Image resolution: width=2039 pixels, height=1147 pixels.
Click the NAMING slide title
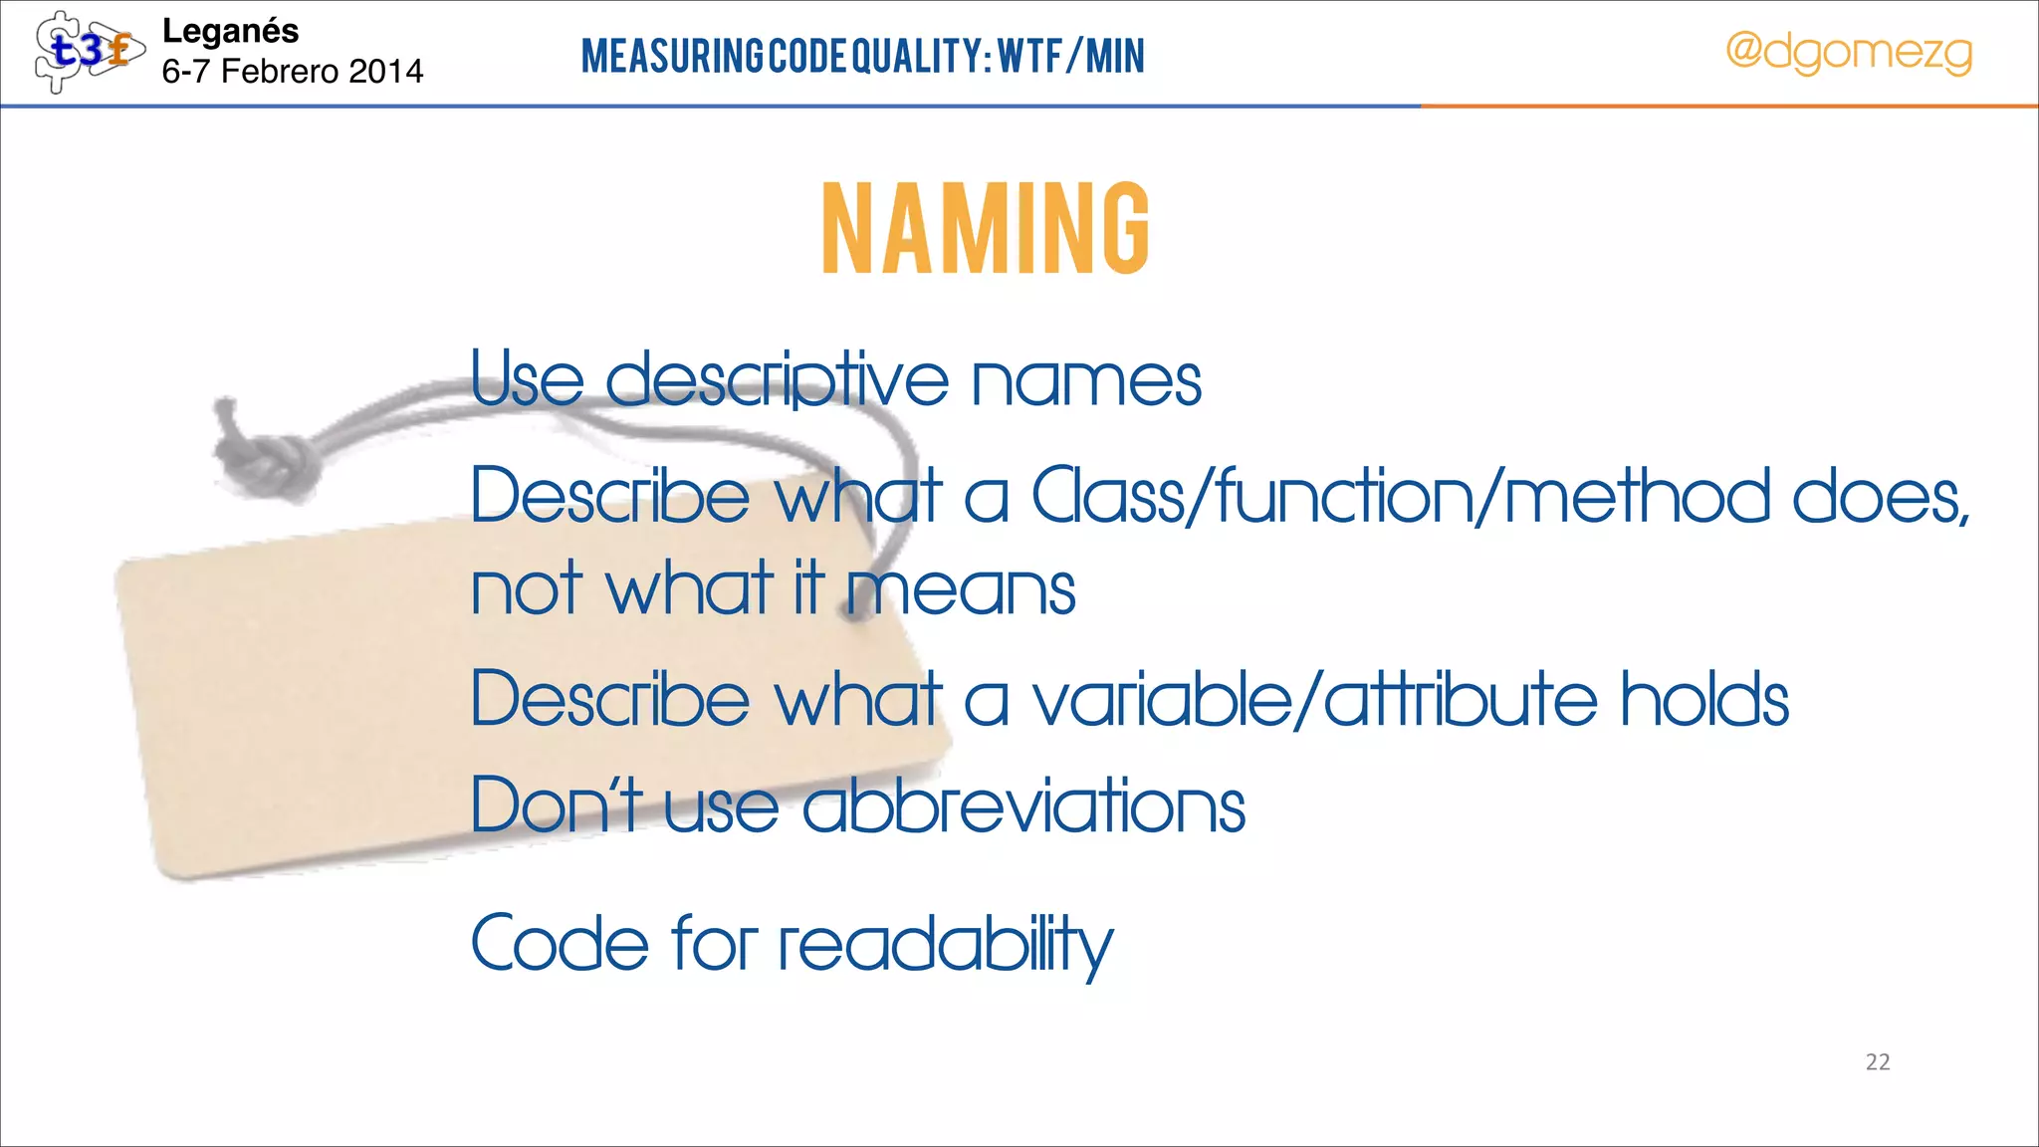point(986,228)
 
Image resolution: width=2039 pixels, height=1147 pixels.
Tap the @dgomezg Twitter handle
point(1848,52)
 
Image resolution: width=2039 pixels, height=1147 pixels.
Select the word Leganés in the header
point(230,31)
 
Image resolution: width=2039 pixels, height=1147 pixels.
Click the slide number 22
point(1878,1062)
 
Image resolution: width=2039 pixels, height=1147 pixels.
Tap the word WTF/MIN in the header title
point(1071,56)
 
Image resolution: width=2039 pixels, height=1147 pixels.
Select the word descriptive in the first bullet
point(777,381)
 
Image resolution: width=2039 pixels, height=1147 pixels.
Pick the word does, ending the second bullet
point(1880,496)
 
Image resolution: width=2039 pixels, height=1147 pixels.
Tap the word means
point(962,589)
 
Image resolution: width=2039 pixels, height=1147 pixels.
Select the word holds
point(1704,699)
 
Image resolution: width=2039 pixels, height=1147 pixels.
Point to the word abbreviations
point(1023,805)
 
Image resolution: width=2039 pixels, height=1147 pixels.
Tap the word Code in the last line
point(560,943)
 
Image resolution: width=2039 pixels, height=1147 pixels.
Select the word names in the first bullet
point(1086,381)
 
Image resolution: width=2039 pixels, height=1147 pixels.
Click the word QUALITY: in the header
point(922,56)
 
